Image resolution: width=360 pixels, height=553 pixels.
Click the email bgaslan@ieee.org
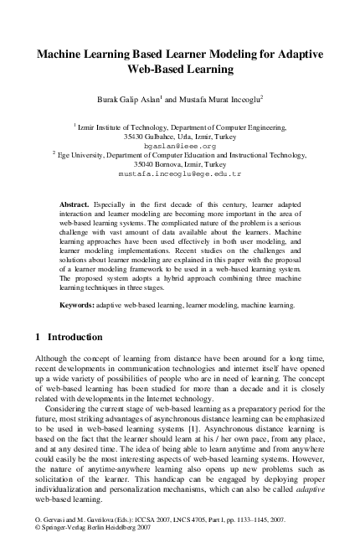pyautogui.click(x=179, y=145)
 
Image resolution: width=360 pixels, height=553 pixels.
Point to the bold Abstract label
pyautogui.click(x=78, y=204)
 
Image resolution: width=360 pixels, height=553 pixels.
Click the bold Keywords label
pyautogui.click(x=82, y=306)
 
